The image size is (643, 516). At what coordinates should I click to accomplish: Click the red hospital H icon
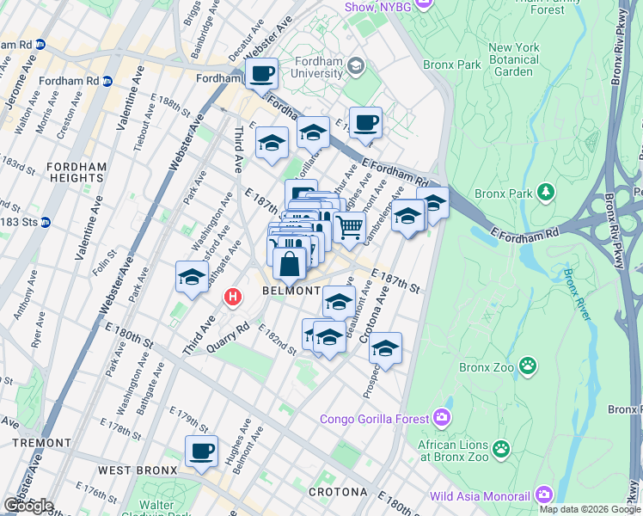point(231,298)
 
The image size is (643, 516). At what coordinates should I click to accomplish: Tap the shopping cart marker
point(349,227)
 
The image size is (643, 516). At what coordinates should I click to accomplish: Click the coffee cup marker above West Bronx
point(201,451)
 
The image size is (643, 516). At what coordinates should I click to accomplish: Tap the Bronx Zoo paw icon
point(528,368)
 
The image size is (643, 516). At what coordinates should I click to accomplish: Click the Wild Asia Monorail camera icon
point(543,495)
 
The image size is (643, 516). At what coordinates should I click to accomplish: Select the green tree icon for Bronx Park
point(544,193)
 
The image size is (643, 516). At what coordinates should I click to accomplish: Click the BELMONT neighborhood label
point(291,292)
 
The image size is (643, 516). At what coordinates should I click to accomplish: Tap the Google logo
point(28,505)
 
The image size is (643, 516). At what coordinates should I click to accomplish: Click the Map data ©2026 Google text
point(590,509)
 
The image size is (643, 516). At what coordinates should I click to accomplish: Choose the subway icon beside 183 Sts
point(45,222)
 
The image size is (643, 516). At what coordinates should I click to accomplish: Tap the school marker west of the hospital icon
point(191,277)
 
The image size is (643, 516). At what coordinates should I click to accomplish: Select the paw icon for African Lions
point(501,448)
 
